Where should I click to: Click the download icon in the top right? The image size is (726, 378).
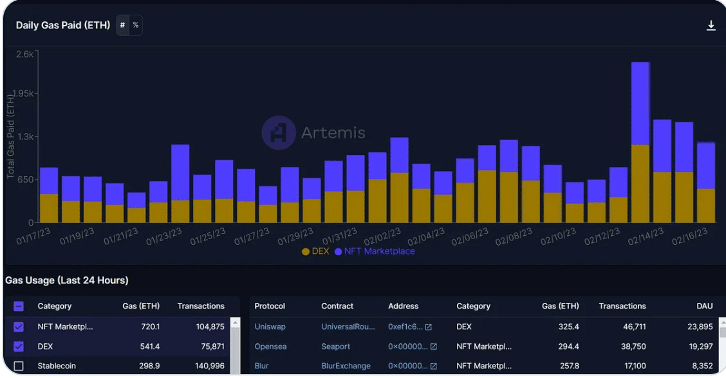711,26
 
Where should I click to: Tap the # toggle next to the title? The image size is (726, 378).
122,26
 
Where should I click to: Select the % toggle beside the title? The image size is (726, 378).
136,26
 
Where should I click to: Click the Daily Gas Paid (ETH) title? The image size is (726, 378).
62,26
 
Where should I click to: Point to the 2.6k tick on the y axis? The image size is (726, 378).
24,55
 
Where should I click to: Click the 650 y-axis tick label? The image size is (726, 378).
25,179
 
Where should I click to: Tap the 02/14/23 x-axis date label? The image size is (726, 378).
646,236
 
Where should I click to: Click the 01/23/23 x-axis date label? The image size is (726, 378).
164,236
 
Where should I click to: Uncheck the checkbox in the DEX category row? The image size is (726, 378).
19,346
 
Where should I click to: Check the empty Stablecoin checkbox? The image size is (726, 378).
19,366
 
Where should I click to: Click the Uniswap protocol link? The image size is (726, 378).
270,327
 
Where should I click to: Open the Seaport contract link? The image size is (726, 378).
335,346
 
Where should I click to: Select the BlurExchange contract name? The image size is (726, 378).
346,366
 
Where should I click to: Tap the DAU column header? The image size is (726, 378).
704,306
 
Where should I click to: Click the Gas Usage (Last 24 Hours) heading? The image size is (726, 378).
67,280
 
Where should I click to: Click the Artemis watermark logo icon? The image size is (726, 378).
279,133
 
